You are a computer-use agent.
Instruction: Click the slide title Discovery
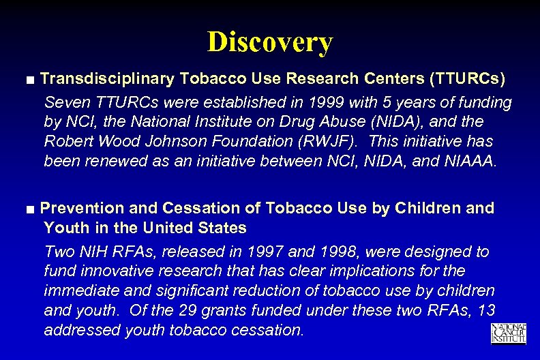[x=270, y=42]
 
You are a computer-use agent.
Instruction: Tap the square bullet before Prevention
[x=31, y=209]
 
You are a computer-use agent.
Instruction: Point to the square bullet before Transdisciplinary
[x=31, y=80]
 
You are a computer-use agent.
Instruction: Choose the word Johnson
[x=173, y=141]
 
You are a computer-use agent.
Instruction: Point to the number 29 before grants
[x=200, y=311]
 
